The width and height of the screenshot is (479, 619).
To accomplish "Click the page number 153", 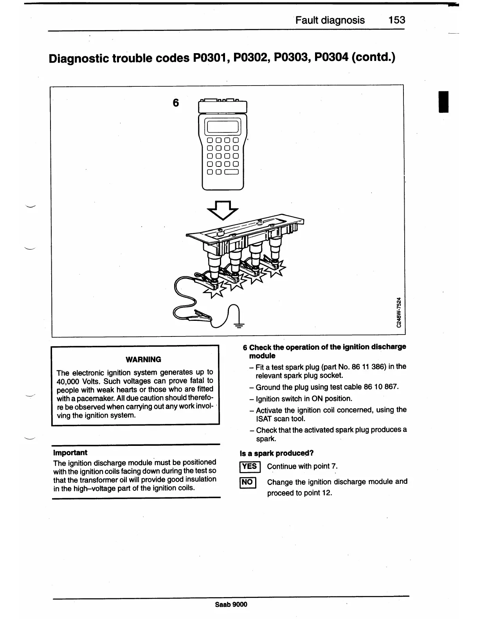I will pyautogui.click(x=397, y=20).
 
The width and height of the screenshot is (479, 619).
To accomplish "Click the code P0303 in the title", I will pyautogui.click(x=292, y=58).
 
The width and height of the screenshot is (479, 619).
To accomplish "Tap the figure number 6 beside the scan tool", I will pyautogui.click(x=176, y=103).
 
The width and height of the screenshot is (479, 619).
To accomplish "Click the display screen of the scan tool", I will pyautogui.click(x=223, y=126).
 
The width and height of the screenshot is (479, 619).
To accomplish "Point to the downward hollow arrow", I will pyautogui.click(x=222, y=211).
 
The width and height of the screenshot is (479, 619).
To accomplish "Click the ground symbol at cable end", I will pyautogui.click(x=238, y=322).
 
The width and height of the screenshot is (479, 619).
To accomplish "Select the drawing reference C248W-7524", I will pyautogui.click(x=398, y=312).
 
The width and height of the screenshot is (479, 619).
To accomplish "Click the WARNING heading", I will pyautogui.click(x=143, y=360).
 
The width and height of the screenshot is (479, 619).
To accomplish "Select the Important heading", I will pyautogui.click(x=70, y=453).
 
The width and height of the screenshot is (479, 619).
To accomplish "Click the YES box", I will pyautogui.click(x=249, y=466).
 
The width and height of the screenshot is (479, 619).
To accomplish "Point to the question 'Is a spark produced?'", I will pyautogui.click(x=277, y=453).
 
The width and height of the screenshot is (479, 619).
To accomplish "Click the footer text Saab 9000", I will pyautogui.click(x=231, y=604).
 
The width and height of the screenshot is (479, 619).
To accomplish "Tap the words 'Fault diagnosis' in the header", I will pyautogui.click(x=330, y=20).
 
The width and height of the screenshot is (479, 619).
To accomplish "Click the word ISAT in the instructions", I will pyautogui.click(x=265, y=419).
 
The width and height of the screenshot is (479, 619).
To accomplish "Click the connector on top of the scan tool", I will pyautogui.click(x=222, y=100).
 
